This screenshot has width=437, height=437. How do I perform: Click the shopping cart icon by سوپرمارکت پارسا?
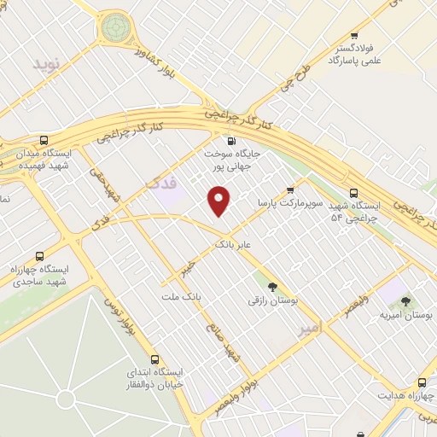290,190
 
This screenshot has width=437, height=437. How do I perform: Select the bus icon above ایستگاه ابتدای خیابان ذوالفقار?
154,359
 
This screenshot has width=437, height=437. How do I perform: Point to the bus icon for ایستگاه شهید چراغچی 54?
353,193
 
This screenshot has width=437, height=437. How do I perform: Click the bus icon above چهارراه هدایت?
422,382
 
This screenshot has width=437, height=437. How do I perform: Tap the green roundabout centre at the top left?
114,28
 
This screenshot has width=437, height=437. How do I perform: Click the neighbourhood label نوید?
48,64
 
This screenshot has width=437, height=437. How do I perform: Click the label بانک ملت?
180,296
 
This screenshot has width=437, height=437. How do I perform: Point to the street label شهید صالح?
222,341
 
